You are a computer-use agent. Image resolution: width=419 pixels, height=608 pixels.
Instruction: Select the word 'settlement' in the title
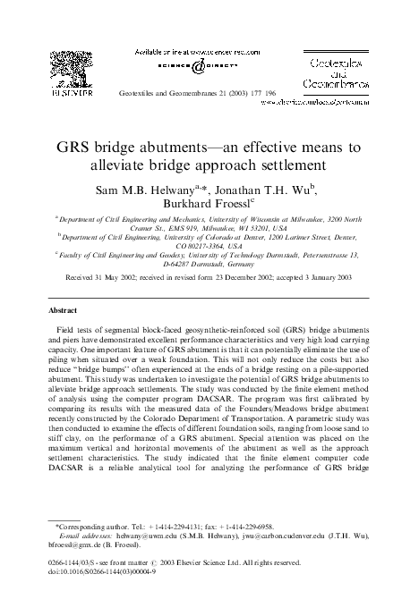287,165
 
